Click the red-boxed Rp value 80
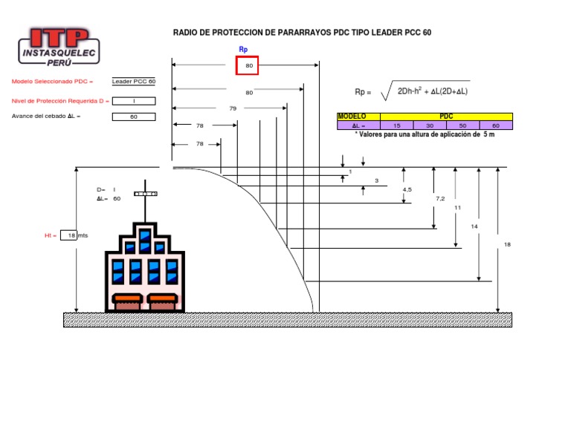click(248, 66)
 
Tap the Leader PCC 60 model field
click(134, 82)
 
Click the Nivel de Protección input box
click(134, 101)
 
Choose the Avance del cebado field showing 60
click(134, 117)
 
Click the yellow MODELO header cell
click(358, 117)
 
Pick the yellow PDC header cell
click(446, 117)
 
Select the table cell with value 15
click(397, 125)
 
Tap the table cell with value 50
click(463, 125)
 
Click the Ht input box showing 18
click(69, 235)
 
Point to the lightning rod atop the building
click(146, 195)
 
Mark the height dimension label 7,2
click(440, 199)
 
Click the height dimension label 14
click(474, 225)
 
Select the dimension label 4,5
click(407, 190)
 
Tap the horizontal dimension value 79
click(233, 108)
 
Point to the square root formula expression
click(428, 91)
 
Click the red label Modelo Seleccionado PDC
click(52, 82)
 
